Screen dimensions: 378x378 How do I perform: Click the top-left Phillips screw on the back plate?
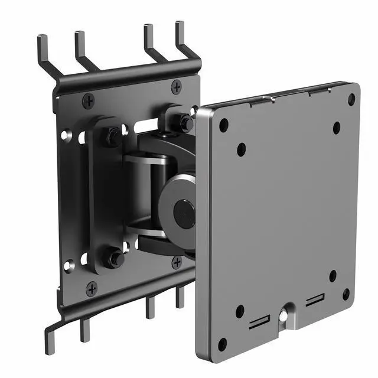coord(88,101)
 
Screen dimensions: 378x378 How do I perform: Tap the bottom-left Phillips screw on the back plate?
coord(92,289)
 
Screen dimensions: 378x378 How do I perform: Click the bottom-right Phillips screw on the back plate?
coord(177,262)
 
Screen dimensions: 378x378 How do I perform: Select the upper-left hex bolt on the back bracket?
coord(113,137)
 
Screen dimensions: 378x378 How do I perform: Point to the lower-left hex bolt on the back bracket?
coord(113,258)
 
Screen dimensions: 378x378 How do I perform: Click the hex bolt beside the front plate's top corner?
coord(185,123)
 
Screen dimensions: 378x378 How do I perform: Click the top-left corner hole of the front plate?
coord(224,125)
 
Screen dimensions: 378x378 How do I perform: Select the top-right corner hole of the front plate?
coord(351,100)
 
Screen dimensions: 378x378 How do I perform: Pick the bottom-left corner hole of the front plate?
coord(222,344)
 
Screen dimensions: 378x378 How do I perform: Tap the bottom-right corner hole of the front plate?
coord(346,294)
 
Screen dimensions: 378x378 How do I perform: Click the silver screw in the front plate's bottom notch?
coord(284,317)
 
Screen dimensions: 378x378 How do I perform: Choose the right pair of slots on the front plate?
coord(314,300)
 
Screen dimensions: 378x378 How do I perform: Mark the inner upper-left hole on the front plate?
coord(241,149)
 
